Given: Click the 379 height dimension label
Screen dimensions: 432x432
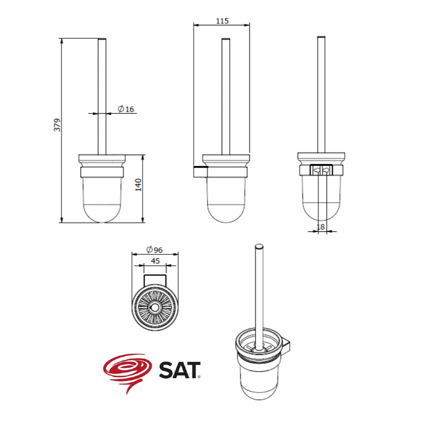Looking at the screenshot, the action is [x=57, y=125].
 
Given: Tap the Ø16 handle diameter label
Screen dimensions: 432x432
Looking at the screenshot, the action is [x=126, y=109].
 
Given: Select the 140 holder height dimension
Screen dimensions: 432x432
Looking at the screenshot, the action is [x=138, y=185].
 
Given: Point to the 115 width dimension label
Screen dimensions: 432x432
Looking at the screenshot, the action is [x=222, y=21].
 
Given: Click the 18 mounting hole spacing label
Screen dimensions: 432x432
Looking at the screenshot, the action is [x=320, y=227].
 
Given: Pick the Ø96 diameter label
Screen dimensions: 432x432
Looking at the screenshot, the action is [x=155, y=250].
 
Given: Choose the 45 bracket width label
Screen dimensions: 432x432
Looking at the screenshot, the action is [x=155, y=261].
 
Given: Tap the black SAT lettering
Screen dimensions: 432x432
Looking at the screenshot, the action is [x=179, y=370].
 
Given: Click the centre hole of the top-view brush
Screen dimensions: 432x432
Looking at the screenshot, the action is [x=155, y=307].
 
